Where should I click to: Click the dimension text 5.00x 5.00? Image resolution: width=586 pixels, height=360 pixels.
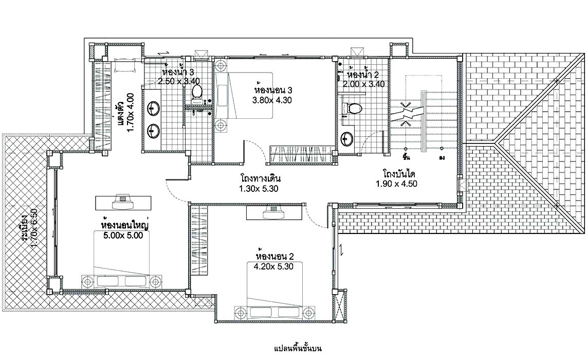click(123, 236)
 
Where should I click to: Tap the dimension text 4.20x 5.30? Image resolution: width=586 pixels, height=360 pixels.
click(273, 266)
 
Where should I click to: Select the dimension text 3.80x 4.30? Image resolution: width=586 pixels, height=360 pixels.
click(272, 100)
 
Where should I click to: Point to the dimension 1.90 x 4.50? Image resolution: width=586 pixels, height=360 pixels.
click(396, 184)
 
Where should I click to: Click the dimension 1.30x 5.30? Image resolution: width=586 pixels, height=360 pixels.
click(259, 189)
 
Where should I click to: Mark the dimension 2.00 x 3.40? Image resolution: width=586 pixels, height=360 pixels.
click(363, 84)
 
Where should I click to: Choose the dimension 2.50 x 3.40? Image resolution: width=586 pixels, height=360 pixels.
click(179, 81)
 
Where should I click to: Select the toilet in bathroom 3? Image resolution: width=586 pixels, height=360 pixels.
click(196, 92)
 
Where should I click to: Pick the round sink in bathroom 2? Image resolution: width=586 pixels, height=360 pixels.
click(347, 140)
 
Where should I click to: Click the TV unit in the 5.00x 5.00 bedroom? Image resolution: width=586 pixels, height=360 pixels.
click(123, 202)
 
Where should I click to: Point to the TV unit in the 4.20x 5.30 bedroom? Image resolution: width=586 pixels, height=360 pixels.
click(274, 211)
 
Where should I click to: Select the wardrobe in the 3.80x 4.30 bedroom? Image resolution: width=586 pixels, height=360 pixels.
click(301, 154)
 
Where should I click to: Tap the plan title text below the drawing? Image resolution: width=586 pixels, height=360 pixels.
click(298, 349)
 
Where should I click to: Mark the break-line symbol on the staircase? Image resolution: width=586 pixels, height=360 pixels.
click(406, 111)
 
